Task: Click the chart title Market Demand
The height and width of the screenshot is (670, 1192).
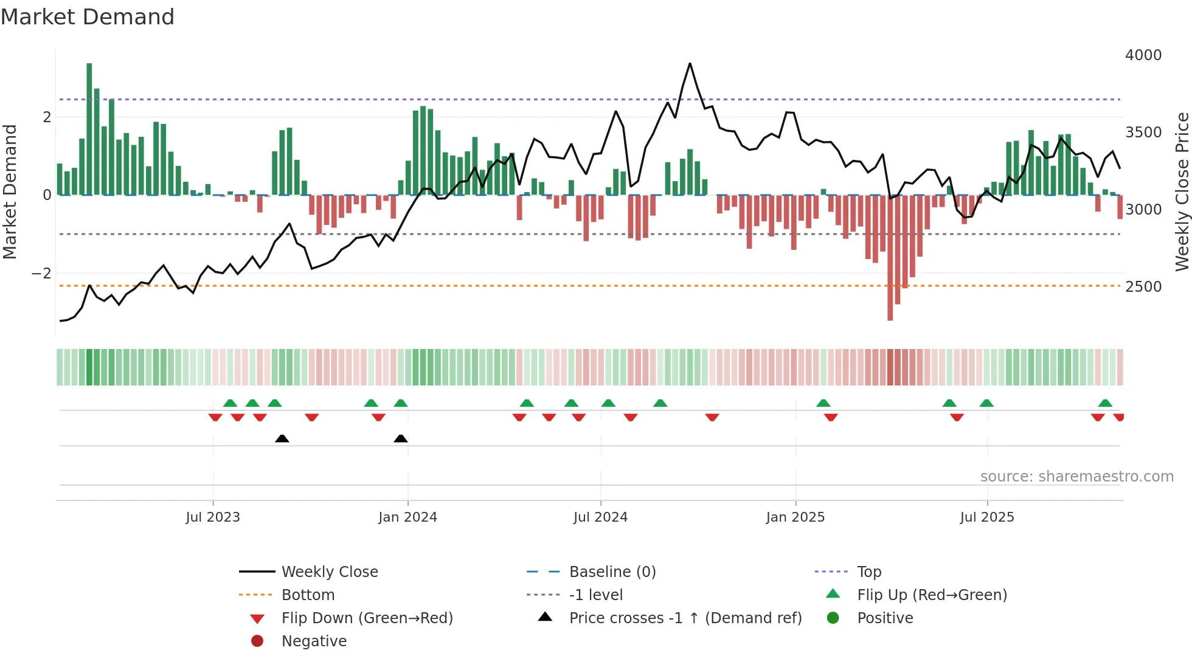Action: point(88,17)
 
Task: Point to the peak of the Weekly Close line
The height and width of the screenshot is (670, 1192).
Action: point(690,64)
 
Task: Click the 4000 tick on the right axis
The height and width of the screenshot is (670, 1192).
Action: point(1143,55)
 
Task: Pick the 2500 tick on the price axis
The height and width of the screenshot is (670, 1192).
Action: point(1143,286)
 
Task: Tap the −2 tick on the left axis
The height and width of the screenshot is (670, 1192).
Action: point(41,274)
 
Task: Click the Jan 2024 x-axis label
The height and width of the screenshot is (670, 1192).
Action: point(407,517)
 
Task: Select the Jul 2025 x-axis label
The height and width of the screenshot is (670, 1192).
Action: point(987,517)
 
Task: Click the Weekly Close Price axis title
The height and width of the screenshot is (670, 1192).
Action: point(1182,192)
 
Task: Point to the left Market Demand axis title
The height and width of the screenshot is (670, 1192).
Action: point(10,192)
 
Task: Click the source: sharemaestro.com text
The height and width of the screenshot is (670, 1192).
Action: point(1076,477)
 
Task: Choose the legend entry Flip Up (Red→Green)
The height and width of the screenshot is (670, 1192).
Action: point(932,595)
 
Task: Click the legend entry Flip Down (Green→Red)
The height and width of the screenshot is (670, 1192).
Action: point(367,618)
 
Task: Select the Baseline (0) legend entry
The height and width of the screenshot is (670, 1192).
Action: point(612,572)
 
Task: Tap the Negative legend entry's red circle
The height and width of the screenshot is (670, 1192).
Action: point(257,641)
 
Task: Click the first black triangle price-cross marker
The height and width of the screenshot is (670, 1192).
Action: point(282,438)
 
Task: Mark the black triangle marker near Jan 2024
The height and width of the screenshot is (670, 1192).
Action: point(400,438)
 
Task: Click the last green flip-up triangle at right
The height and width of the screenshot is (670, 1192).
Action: point(1105,403)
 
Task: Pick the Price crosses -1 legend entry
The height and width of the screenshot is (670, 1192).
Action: point(685,618)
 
